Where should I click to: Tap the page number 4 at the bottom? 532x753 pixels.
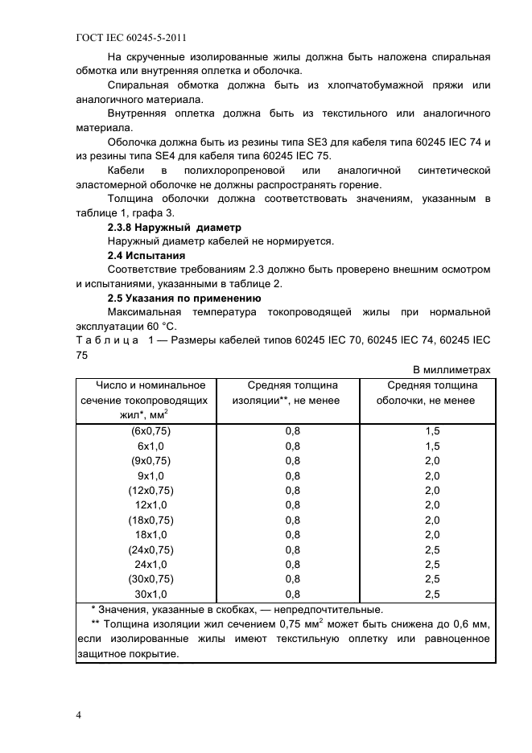pyautogui.click(x=78, y=714)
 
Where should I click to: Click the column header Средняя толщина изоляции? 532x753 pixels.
pyautogui.click(x=286, y=393)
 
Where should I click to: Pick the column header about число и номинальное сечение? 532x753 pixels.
pyautogui.click(x=144, y=400)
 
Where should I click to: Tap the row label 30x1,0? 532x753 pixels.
pyautogui.click(x=151, y=594)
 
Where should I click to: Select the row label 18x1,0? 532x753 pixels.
pyautogui.click(x=151, y=534)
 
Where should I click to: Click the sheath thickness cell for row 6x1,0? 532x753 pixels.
pyautogui.click(x=432, y=446)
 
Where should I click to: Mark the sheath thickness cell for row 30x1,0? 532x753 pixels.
pyautogui.click(x=432, y=594)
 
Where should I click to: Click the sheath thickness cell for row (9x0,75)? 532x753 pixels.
pyautogui.click(x=432, y=460)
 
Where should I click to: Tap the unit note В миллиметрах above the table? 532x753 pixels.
pyautogui.click(x=451, y=369)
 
